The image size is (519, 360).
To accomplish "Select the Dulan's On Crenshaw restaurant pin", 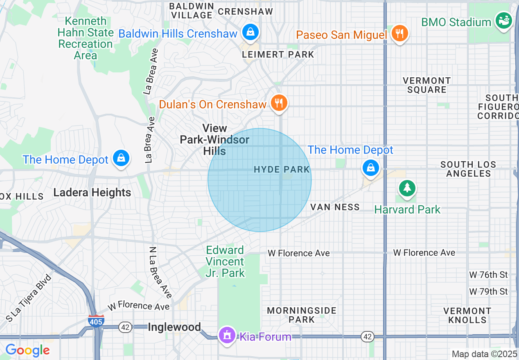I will pos(279,103).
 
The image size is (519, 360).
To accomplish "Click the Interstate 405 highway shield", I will pos(96,320).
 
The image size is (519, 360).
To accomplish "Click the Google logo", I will pos(27,350).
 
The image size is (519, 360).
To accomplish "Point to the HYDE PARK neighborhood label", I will pos(282,169).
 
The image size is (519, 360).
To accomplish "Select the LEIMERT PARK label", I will pos(278,54).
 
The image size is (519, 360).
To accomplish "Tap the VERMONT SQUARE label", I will pos(426,85).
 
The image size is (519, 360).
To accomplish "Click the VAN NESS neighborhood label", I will pos(335,207).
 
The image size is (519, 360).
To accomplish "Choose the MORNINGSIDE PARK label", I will pos(302,315).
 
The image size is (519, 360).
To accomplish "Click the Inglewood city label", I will pos(174,327).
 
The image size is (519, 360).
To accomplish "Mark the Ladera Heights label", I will pos(92,192).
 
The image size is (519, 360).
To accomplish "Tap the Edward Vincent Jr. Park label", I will pos(225,261).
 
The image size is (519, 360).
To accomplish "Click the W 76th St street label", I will pos(488,274).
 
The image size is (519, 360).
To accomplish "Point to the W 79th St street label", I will pos(488,291).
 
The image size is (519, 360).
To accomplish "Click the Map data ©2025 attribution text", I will pos(484,354).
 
